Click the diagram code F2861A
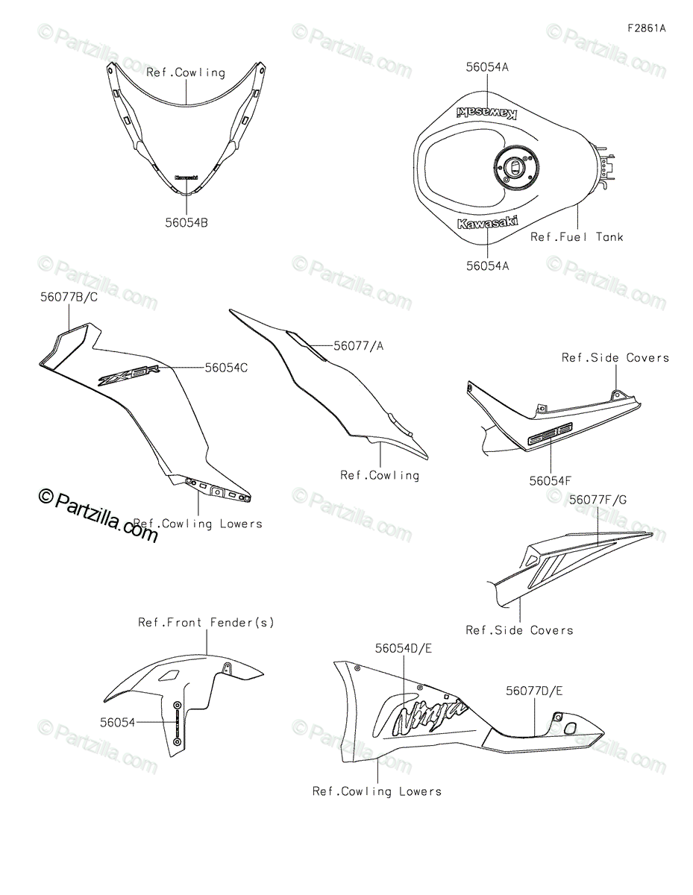(646, 29)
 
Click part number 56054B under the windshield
(186, 222)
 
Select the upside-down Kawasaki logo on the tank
(486, 113)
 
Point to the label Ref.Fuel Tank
(577, 237)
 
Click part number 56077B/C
(69, 297)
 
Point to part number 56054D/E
(404, 648)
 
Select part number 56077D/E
(534, 691)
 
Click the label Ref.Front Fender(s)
(206, 622)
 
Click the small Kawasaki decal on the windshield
(186, 178)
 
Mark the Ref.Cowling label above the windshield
(186, 72)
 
